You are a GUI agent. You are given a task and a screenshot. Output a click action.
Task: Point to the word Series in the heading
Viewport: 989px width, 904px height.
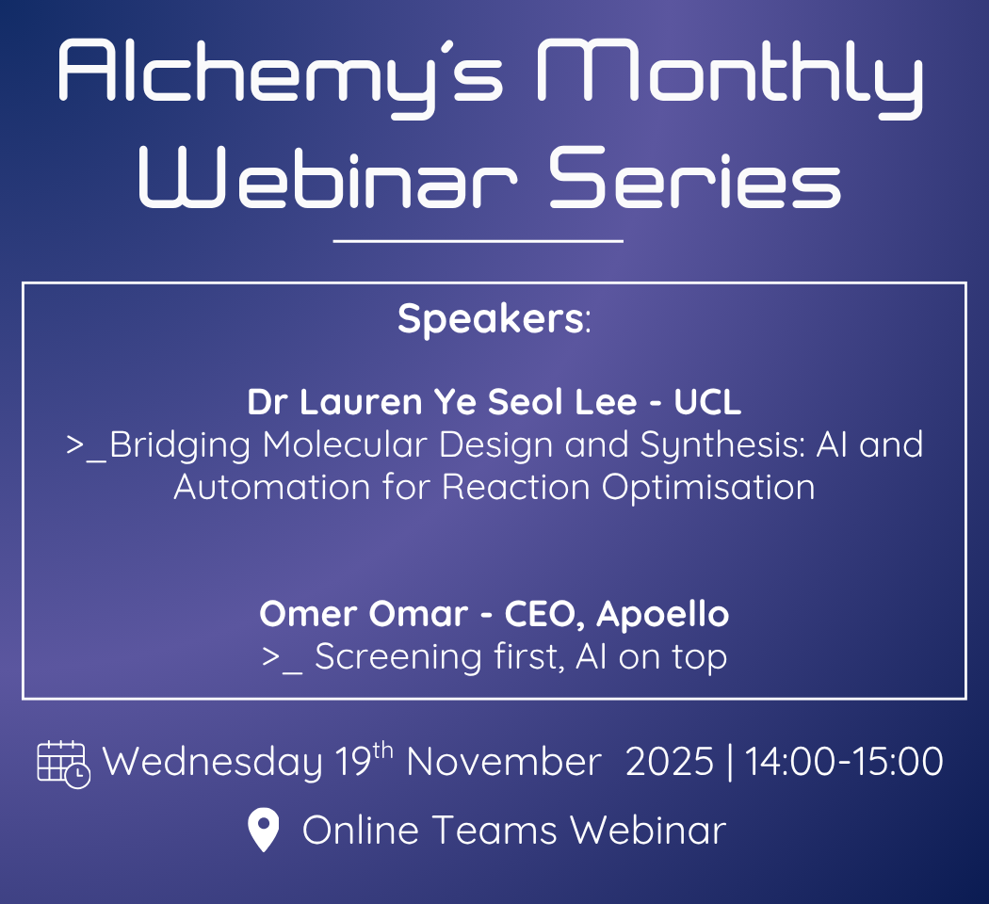coord(695,177)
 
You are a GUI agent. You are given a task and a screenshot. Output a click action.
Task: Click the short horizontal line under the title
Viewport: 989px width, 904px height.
coord(478,241)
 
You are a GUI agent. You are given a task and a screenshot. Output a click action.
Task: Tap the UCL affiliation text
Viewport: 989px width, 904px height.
coord(707,402)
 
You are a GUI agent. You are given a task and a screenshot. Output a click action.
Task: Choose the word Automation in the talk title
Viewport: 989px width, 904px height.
coord(272,487)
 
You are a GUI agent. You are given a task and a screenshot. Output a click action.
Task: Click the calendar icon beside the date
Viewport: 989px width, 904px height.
coord(64,764)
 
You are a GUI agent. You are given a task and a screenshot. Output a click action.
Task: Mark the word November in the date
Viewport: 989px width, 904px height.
coord(504,762)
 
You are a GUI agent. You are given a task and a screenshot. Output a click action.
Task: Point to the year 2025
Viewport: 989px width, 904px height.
coord(670,762)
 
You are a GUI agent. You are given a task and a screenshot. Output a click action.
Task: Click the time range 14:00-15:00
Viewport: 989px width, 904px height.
coord(845,762)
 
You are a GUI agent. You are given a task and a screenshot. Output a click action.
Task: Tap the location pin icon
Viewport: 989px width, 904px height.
coord(264,829)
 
